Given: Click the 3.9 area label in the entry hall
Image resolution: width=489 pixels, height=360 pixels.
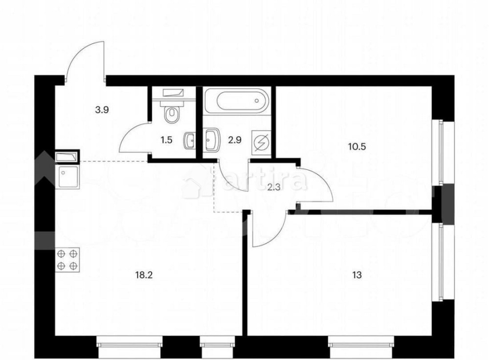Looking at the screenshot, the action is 102,110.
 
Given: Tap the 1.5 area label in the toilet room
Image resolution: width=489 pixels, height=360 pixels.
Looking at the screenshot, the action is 167,140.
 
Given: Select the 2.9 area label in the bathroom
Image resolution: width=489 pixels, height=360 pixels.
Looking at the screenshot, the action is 235,140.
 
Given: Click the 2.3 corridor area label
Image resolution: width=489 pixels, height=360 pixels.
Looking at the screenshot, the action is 274,188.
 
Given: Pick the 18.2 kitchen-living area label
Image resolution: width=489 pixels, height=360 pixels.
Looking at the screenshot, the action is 144,275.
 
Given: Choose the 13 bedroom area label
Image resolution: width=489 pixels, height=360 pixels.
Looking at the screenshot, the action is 357,275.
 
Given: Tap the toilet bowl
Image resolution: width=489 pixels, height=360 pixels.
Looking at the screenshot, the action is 172,114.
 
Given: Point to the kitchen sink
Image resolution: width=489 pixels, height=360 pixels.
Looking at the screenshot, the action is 67,177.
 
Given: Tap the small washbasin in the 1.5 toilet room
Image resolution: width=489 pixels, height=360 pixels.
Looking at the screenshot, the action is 189,140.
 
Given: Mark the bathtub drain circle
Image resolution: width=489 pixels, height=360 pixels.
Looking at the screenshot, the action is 257,100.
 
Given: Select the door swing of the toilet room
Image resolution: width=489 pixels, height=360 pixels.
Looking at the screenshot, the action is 133,131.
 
